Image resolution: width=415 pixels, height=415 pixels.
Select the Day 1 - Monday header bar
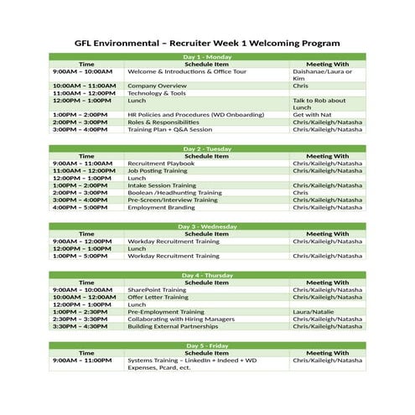pyautogui.click(x=207, y=56)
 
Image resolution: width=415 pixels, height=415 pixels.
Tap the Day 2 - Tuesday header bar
pyautogui.click(x=207, y=148)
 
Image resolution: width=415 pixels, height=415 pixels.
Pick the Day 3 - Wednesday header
pyautogui.click(x=207, y=226)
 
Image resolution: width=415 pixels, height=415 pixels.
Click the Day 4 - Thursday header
pyautogui.click(x=207, y=275)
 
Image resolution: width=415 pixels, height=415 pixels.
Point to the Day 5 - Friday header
pyautogui.click(x=207, y=345)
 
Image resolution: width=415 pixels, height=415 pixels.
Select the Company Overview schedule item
pyautogui.click(x=157, y=86)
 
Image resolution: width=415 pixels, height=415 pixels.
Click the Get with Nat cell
pyautogui.click(x=313, y=115)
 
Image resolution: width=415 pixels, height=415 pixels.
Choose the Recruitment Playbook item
pyautogui.click(x=160, y=163)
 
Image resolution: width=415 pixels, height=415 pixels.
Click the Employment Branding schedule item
pyautogui.click(x=161, y=207)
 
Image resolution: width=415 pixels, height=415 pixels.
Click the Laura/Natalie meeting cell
pyautogui.click(x=313, y=312)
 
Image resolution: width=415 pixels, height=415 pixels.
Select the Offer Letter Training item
pyautogui.click(x=158, y=297)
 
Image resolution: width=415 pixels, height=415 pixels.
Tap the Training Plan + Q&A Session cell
pyautogui.click(x=169, y=130)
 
